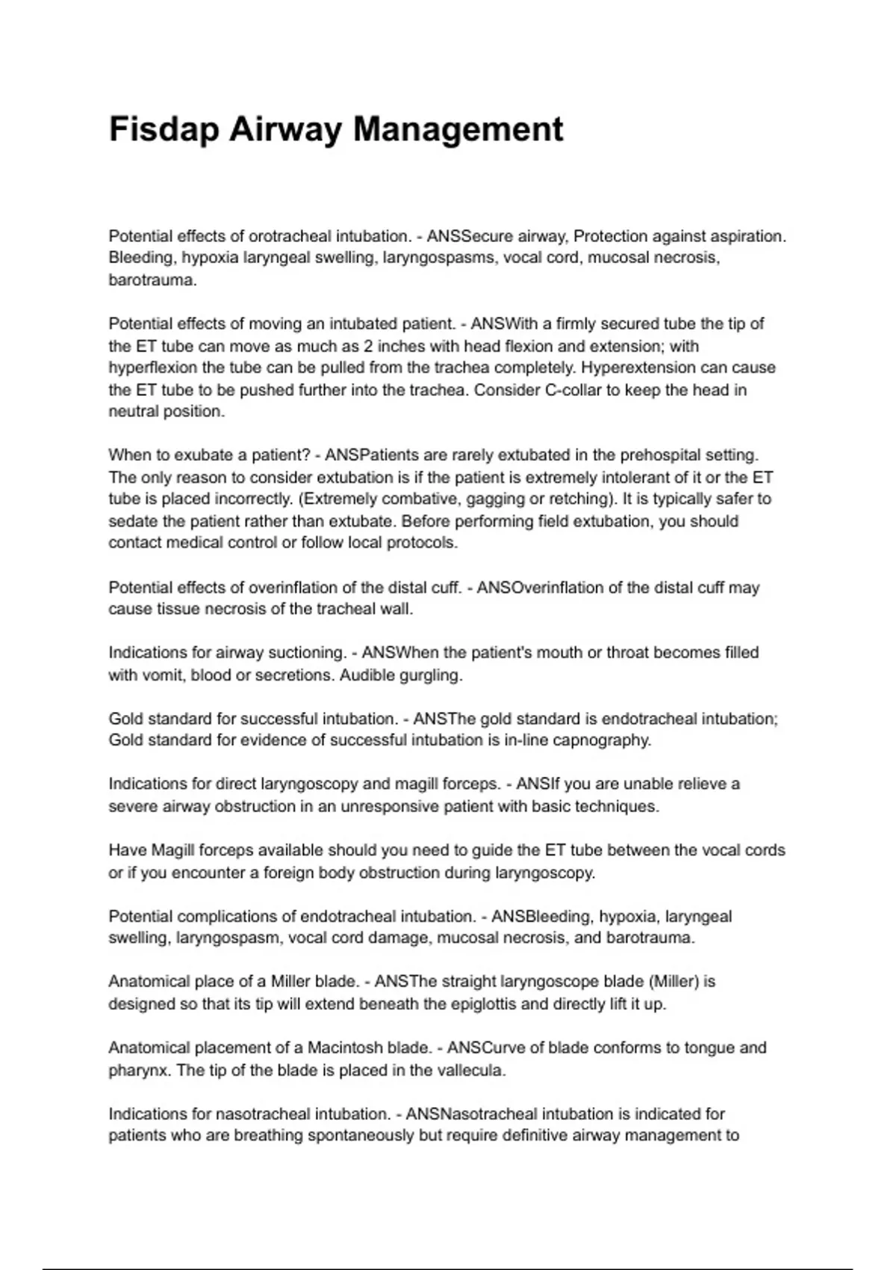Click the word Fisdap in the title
click(x=164, y=129)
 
